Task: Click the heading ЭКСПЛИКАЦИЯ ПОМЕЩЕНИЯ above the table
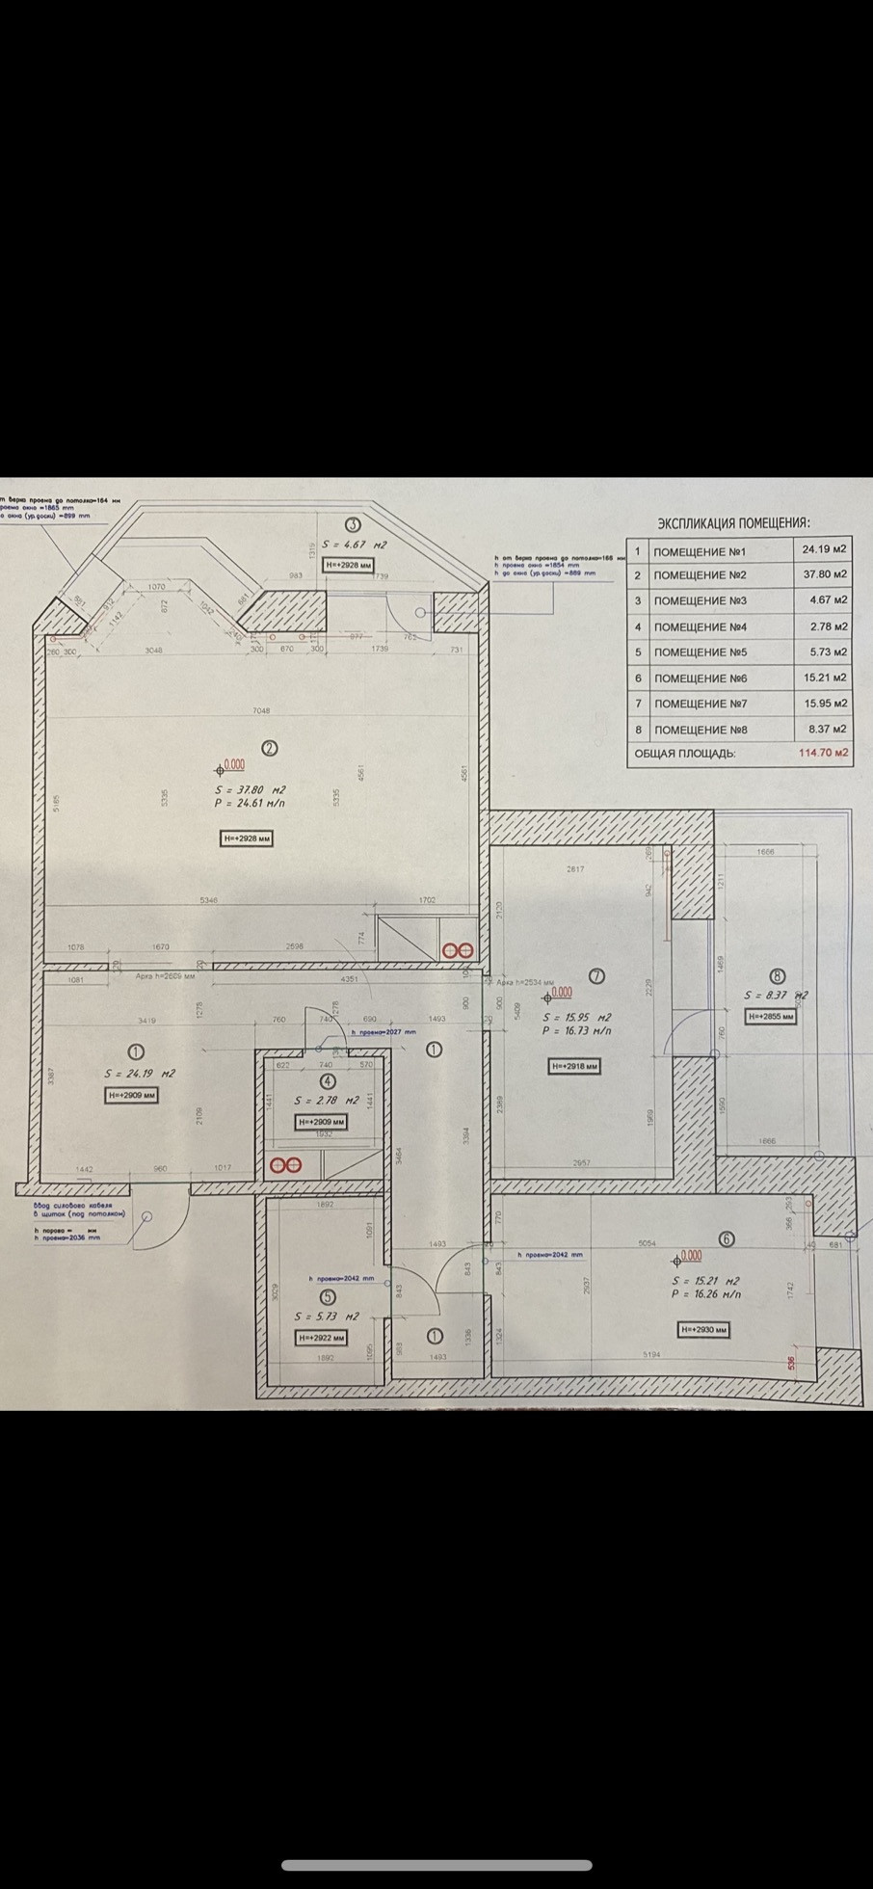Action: pyautogui.click(x=733, y=523)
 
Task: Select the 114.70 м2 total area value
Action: pyautogui.click(x=824, y=753)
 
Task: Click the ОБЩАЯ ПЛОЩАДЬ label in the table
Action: pyautogui.click(x=685, y=753)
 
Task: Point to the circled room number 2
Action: pyautogui.click(x=270, y=747)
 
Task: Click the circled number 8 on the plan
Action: pyautogui.click(x=778, y=976)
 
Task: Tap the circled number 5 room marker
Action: pyautogui.click(x=328, y=1297)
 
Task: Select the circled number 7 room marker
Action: pyautogui.click(x=596, y=975)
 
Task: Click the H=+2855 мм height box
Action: pyautogui.click(x=771, y=1016)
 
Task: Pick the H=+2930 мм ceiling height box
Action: pyautogui.click(x=704, y=1330)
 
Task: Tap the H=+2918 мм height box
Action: pyautogui.click(x=573, y=1066)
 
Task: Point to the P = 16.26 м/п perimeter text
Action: pyautogui.click(x=707, y=1294)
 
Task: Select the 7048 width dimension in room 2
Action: pyautogui.click(x=261, y=711)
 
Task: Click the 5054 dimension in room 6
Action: pyautogui.click(x=647, y=1243)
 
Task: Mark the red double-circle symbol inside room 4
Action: pyautogui.click(x=285, y=1164)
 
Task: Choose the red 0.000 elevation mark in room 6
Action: pyautogui.click(x=691, y=1256)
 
